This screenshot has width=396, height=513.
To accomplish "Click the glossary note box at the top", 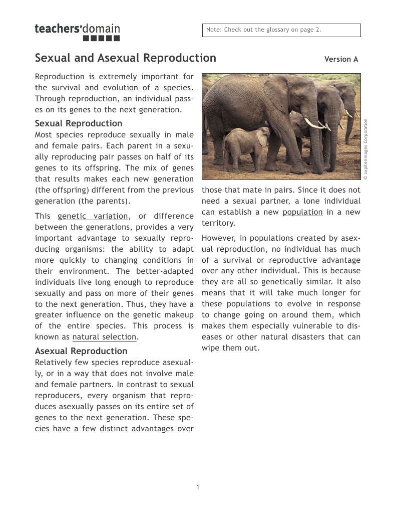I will tap(281, 30).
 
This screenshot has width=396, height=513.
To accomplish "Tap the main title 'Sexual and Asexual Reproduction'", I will tap(125, 58).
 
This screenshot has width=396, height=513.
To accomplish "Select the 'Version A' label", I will tap(341, 59).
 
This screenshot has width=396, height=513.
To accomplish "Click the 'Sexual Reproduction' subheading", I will tap(78, 123).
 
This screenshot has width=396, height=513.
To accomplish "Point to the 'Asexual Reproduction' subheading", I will tap(81, 351).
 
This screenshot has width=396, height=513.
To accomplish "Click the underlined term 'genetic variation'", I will tap(93, 216).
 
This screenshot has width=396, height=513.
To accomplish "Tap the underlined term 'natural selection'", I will tap(104, 337).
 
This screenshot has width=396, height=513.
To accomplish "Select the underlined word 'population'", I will tap(302, 212).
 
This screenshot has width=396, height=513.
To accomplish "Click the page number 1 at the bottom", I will tap(198, 487).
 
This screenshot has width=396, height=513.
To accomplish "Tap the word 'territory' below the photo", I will tap(217, 223).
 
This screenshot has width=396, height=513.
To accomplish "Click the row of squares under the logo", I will tap(101, 39).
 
